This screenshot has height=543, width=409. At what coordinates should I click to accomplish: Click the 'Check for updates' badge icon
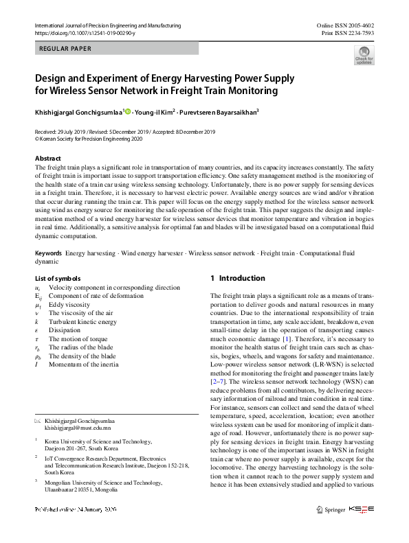363,55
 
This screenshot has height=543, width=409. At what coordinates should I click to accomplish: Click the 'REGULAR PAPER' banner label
63,49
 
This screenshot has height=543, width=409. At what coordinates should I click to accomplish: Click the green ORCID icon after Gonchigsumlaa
127,111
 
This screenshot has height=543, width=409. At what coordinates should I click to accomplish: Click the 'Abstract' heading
48,158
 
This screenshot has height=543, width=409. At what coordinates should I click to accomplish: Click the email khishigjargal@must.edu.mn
78,427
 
